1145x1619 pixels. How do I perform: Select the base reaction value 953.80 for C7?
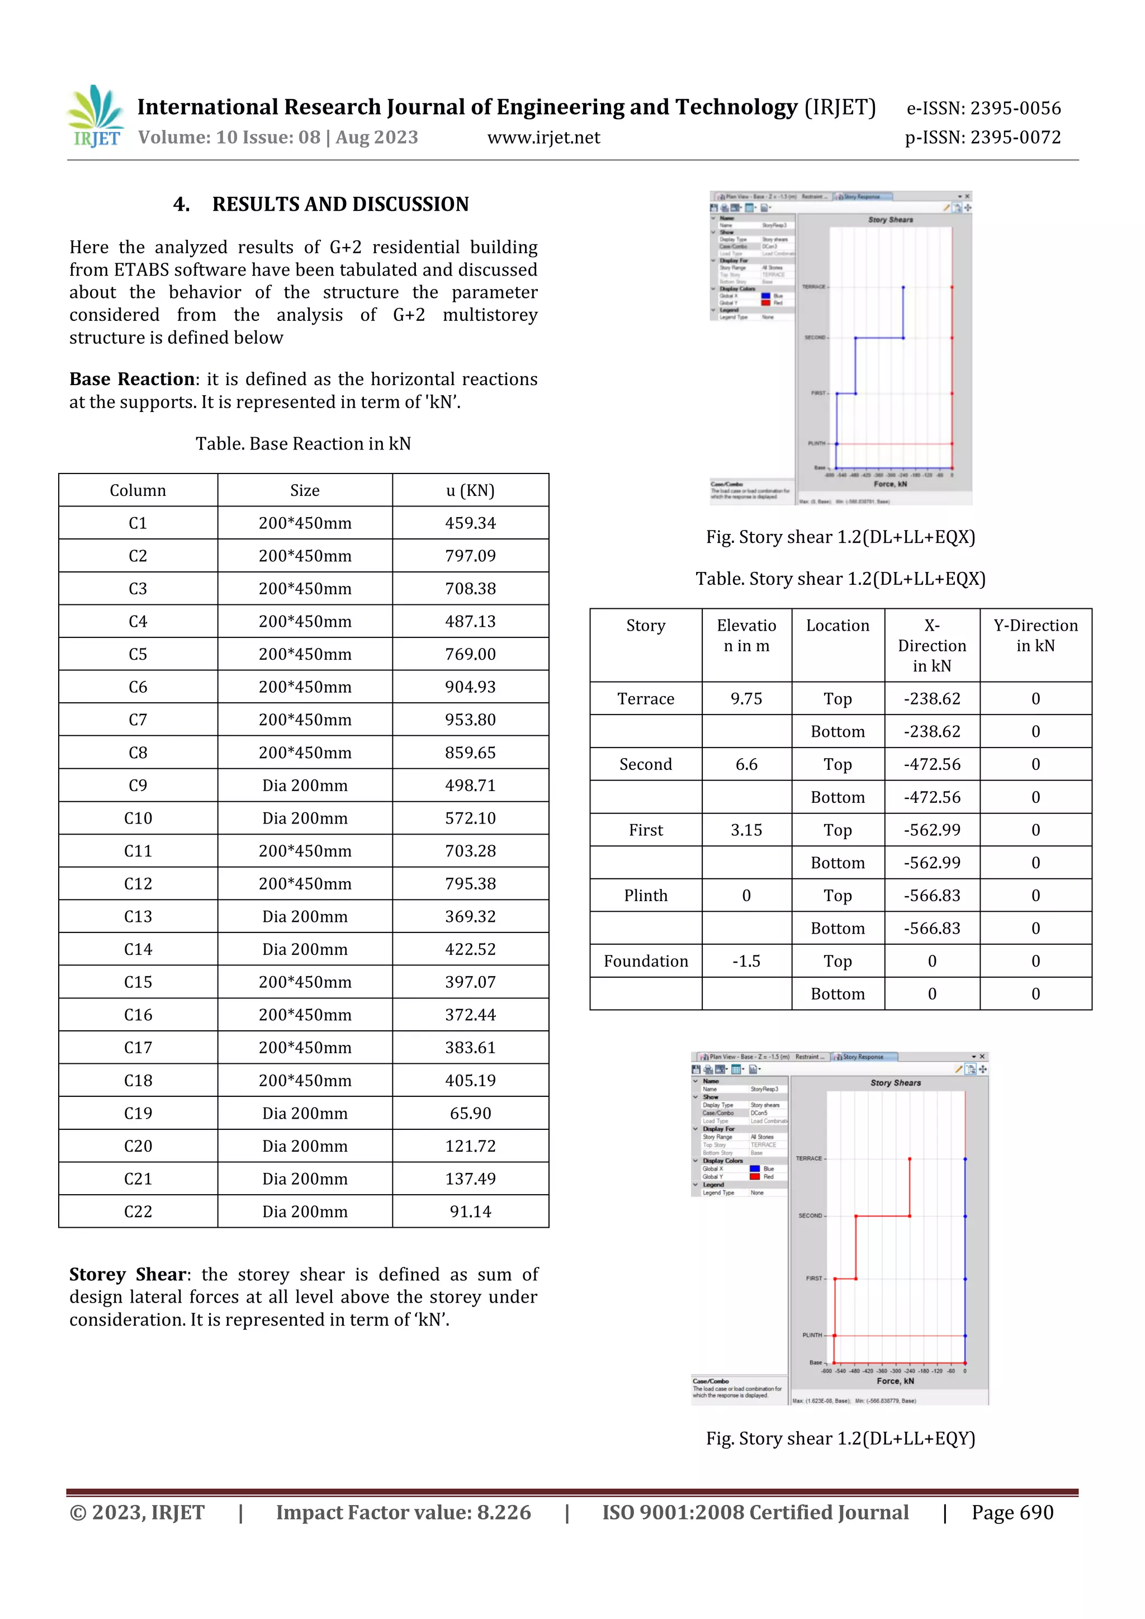pyautogui.click(x=470, y=720)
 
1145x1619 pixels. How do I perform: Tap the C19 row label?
pyautogui.click(x=138, y=1114)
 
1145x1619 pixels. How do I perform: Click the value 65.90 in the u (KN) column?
pyautogui.click(x=470, y=1114)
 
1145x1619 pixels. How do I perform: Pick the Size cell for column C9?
pyautogui.click(x=305, y=785)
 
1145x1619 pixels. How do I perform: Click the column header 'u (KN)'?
pyautogui.click(x=470, y=491)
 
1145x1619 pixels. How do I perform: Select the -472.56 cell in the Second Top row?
pyautogui.click(x=932, y=764)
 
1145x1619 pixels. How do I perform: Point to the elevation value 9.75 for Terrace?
pyautogui.click(x=746, y=699)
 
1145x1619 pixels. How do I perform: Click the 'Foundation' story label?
pyautogui.click(x=646, y=961)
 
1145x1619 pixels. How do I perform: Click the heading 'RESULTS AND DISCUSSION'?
pyautogui.click(x=340, y=205)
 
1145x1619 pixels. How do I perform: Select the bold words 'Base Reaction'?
pyautogui.click(x=132, y=380)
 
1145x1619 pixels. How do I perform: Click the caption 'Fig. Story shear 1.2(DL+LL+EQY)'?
pyautogui.click(x=840, y=1438)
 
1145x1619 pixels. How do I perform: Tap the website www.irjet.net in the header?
pyautogui.click(x=543, y=138)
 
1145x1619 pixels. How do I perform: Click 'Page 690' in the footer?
pyautogui.click(x=1012, y=1513)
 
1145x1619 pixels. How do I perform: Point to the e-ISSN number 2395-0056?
pyautogui.click(x=1015, y=108)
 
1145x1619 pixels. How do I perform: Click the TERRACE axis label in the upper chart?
pyautogui.click(x=813, y=287)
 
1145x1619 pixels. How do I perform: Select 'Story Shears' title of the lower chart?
pyautogui.click(x=896, y=1082)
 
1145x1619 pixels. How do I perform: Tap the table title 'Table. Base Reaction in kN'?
pyautogui.click(x=303, y=443)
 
